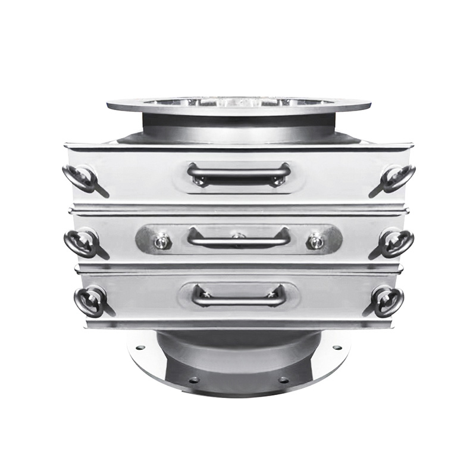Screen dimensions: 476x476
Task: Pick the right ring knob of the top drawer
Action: [x=397, y=178]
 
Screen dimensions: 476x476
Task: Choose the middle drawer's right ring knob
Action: [x=396, y=243]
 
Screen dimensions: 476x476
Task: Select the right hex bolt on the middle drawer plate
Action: [x=315, y=242]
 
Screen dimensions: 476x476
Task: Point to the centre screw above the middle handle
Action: [x=239, y=236]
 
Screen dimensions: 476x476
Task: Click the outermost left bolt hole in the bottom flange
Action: [x=140, y=347]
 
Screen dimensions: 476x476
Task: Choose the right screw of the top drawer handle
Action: [x=277, y=180]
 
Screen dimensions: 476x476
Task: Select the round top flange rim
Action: [x=239, y=105]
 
